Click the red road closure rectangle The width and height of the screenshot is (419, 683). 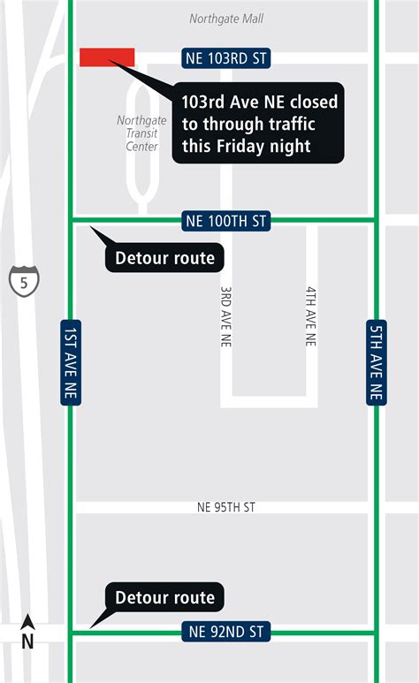(107, 57)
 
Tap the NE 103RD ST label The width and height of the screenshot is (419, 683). (226, 58)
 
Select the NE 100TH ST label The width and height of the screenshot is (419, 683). (226, 220)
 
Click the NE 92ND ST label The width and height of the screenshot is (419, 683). (226, 631)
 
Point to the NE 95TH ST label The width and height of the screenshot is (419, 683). (226, 507)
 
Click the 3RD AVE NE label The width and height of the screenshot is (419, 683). (226, 315)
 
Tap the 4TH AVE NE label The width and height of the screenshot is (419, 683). (311, 315)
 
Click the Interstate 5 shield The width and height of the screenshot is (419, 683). (19, 281)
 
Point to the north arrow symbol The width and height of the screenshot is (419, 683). (27, 624)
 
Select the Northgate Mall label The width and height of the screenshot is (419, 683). (226, 19)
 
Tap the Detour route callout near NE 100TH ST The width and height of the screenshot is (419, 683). (165, 258)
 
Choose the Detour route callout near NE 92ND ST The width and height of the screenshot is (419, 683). (165, 597)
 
